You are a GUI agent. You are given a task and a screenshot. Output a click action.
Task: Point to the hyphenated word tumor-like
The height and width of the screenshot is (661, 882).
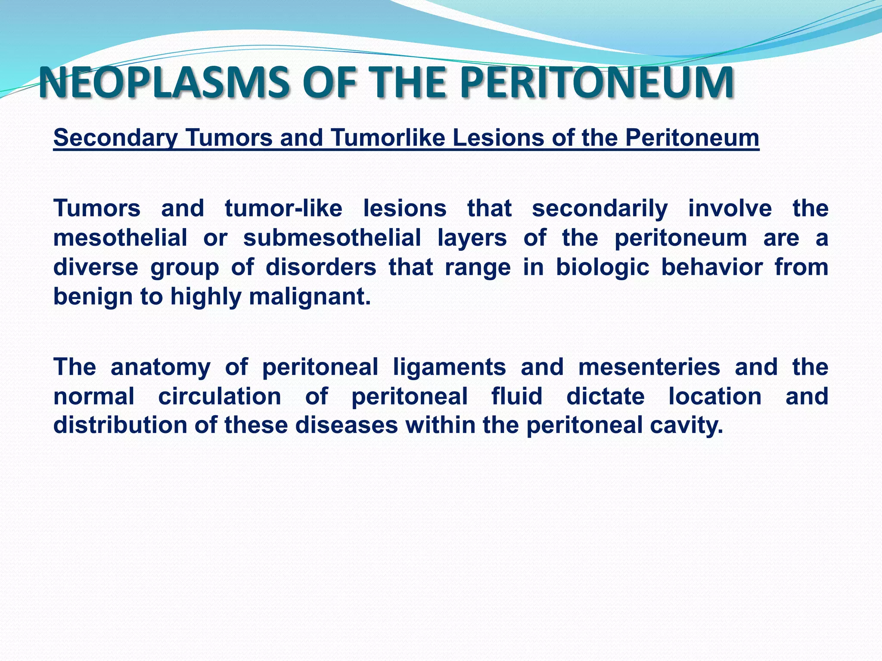click(x=283, y=209)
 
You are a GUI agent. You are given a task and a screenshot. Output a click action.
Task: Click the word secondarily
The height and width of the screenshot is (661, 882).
click(x=599, y=209)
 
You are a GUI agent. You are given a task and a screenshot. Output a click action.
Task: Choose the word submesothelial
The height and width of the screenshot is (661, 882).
click(x=332, y=238)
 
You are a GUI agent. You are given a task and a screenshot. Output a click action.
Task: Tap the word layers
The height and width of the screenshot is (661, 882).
click(x=472, y=238)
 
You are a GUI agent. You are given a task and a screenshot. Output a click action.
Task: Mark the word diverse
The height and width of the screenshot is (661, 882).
click(x=96, y=267)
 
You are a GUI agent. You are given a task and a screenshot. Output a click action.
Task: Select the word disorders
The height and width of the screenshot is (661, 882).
click(x=321, y=267)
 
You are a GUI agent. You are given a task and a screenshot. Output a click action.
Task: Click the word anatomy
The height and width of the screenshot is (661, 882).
click(x=160, y=367)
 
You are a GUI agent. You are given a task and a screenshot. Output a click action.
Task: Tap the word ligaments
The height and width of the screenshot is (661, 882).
click(x=449, y=367)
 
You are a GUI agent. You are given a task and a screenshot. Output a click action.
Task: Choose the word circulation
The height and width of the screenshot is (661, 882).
click(x=220, y=396)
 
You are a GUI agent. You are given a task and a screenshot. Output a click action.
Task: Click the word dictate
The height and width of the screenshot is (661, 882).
click(x=605, y=396)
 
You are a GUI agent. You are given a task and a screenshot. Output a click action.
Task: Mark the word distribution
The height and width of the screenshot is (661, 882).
click(x=120, y=425)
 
